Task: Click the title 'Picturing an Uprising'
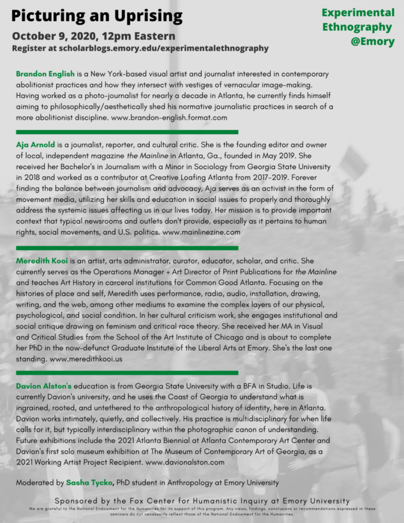pyautogui.click(x=97, y=16)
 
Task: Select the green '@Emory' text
pyautogui.click(x=372, y=42)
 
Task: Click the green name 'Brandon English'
pyautogui.click(x=45, y=74)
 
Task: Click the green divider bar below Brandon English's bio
pyautogui.click(x=127, y=132)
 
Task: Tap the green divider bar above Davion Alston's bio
pyautogui.click(x=127, y=373)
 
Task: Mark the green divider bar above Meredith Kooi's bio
pyautogui.click(x=127, y=248)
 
